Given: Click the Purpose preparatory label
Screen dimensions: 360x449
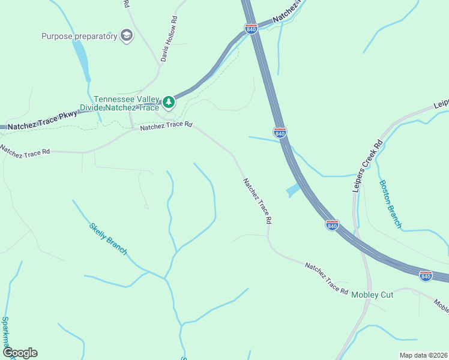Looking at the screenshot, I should point(79,36).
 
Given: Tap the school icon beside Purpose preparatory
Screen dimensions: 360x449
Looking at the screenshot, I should point(126,36).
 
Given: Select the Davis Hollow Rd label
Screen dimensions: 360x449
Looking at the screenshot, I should point(169,39).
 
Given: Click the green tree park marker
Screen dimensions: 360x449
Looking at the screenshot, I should point(169,103).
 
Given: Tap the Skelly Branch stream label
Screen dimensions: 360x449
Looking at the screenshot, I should point(108,238).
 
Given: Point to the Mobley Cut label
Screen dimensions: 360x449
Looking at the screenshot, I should point(372,295).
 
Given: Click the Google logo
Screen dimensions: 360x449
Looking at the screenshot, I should point(20,353).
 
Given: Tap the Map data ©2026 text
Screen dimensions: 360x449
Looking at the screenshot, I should point(423,355).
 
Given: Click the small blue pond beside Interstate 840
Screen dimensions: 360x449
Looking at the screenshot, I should point(293,191).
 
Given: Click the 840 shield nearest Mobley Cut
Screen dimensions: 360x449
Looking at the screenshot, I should point(426,275).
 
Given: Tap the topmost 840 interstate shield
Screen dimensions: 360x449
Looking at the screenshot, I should point(251,28).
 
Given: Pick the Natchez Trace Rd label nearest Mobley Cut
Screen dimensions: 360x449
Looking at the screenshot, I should point(326,278).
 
